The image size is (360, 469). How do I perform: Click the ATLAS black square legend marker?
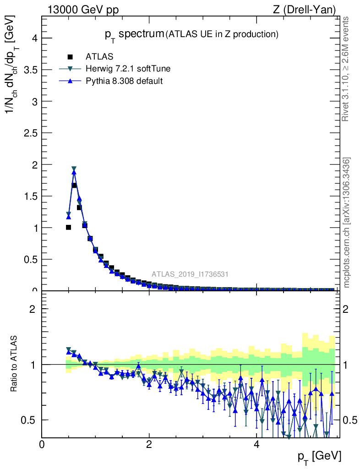[70, 57]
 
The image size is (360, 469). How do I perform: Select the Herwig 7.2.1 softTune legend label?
[128, 69]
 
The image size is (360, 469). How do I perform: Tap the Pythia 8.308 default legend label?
[124, 81]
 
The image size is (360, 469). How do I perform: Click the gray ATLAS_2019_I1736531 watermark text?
[190, 274]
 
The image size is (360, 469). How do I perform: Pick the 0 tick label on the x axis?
[42, 445]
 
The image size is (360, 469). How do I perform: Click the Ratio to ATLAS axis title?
[14, 364]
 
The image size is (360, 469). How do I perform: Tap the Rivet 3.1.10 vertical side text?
[346, 69]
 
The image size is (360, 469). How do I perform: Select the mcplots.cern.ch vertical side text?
[346, 223]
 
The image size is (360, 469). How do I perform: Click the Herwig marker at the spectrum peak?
[74, 169]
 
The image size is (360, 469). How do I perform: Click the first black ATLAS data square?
[68, 227]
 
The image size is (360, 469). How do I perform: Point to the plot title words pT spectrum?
[134, 34]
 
